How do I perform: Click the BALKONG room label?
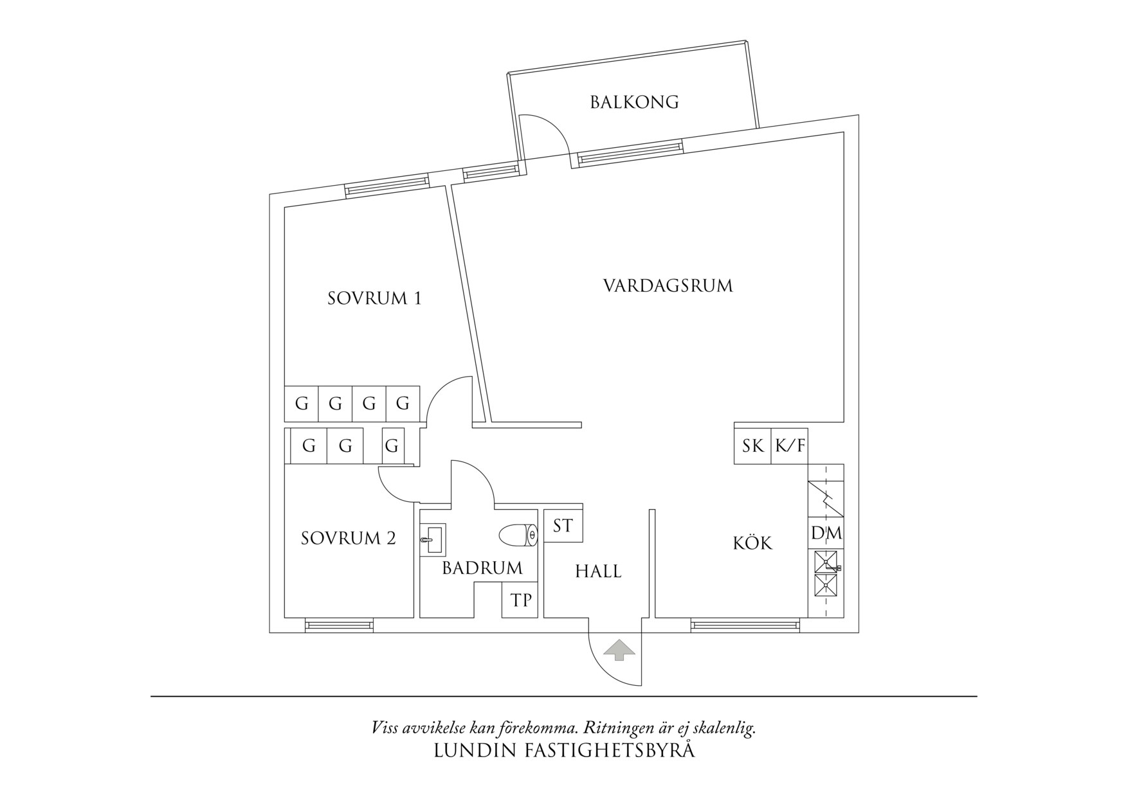634,102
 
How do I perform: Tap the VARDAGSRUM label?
668,285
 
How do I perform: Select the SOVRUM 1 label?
374,298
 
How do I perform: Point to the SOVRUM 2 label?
348,538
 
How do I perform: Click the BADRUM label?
482,568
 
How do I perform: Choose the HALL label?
598,571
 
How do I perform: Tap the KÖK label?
752,543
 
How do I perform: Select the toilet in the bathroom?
518,535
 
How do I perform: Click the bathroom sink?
432,539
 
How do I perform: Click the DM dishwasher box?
826,533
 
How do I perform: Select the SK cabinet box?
752,445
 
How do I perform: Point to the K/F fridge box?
790,445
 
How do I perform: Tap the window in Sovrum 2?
339,625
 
